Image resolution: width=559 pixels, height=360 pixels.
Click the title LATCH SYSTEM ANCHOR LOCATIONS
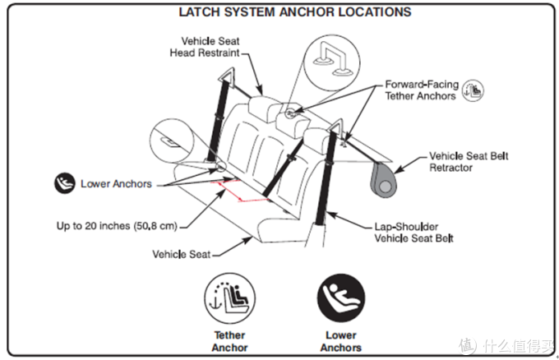pos(295,12)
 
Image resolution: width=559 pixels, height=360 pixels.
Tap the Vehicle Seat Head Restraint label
pos(205,47)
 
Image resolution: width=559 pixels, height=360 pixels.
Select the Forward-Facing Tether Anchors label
pos(422,90)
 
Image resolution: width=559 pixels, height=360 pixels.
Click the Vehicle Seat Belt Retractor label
pos(469,161)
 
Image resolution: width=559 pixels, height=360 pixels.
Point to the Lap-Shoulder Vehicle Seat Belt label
pos(413,233)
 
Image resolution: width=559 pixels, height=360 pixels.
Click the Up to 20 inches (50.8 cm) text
pos(117,226)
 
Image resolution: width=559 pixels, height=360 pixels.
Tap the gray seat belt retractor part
pos(384,179)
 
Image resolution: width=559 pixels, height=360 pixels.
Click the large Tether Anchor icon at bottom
pos(230,298)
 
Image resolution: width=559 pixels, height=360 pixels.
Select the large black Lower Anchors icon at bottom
pos(341,298)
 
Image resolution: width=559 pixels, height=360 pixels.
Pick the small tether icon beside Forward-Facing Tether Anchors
pos(473,90)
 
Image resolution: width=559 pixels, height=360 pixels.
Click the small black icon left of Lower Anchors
pos(64,183)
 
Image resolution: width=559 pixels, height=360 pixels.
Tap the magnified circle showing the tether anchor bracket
pos(331,62)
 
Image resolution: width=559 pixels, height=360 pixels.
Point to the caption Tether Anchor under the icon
pos(229,341)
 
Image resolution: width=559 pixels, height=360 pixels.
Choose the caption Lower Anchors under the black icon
pos(341,341)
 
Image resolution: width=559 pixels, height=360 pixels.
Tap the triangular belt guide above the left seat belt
pos(226,75)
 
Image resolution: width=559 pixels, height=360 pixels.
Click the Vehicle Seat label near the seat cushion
pos(182,254)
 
